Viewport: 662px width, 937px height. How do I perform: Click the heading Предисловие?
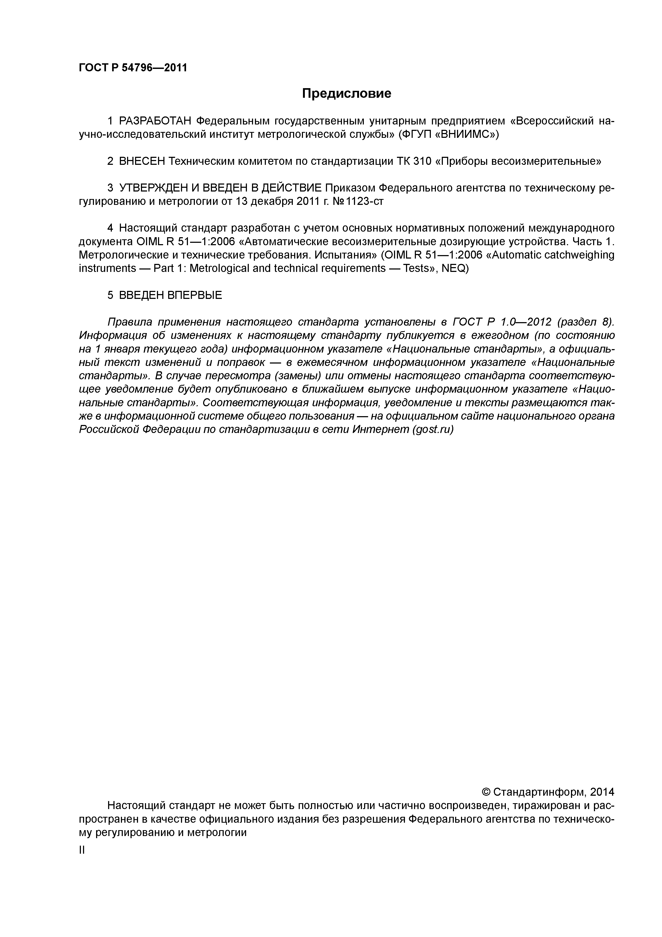pyautogui.click(x=346, y=94)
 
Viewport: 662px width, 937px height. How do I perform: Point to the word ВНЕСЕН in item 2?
pyautogui.click(x=141, y=162)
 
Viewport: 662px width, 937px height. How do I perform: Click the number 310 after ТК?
pyautogui.click(x=422, y=162)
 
